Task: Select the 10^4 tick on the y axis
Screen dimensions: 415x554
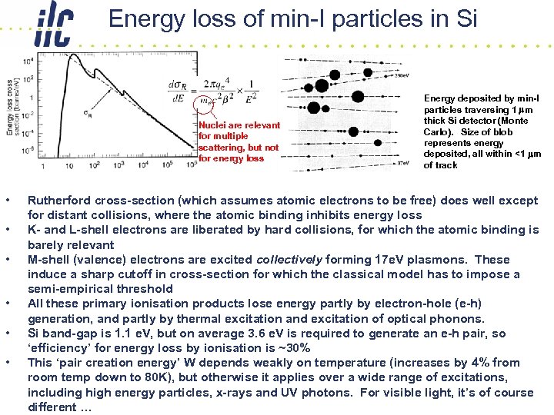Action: [27, 61]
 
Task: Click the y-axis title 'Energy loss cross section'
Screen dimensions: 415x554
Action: [11, 108]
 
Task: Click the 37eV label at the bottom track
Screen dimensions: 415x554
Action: [401, 163]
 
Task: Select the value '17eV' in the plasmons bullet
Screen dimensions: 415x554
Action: [372, 260]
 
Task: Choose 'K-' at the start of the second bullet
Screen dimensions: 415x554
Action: [36, 231]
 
